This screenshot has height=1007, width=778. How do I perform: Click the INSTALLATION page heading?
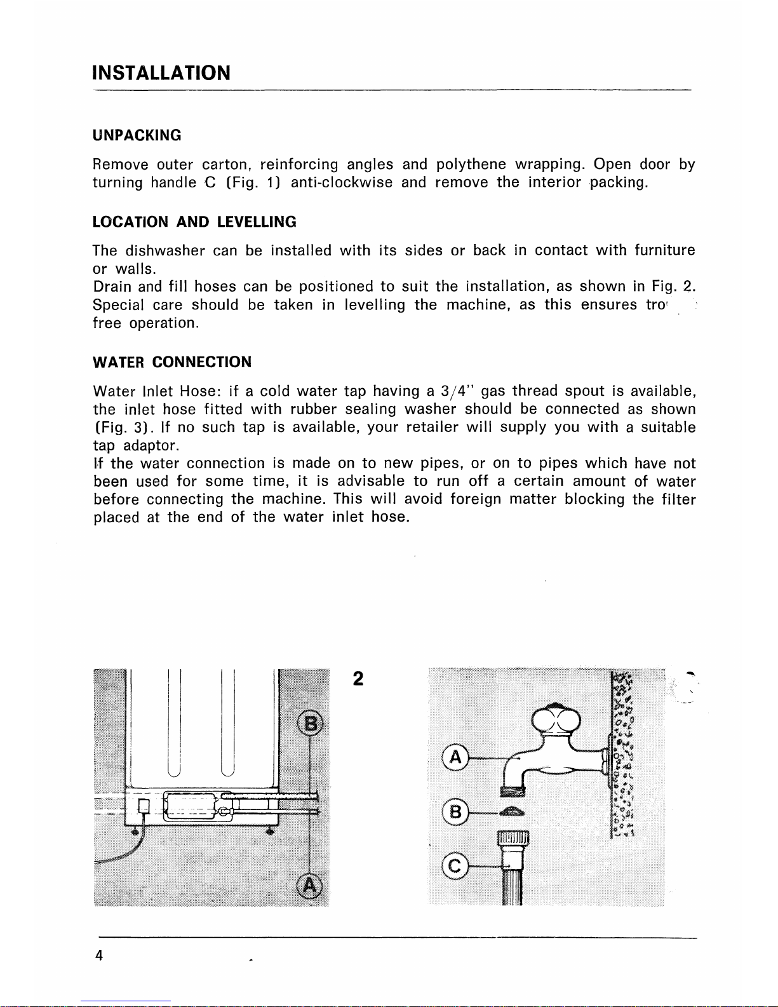[x=161, y=73]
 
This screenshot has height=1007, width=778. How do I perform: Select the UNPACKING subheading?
[x=137, y=135]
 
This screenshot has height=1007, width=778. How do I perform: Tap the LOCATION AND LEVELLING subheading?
[x=194, y=222]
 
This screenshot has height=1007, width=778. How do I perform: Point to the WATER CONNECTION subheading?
[x=172, y=362]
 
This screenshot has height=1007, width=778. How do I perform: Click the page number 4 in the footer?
[x=99, y=956]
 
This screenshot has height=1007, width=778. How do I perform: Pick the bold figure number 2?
[x=358, y=679]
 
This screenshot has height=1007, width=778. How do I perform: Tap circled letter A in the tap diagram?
[x=455, y=758]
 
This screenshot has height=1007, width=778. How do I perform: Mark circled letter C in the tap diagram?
[x=455, y=865]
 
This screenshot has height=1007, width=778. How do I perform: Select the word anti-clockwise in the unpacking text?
[x=341, y=183]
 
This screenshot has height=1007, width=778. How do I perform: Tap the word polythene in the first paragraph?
[x=471, y=165]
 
